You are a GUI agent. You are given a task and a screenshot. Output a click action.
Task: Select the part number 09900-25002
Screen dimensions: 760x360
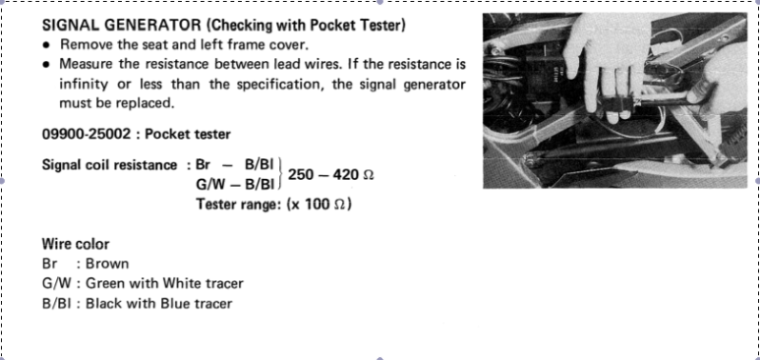(87, 134)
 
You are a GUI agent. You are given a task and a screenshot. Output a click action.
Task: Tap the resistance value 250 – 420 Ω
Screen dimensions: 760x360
(331, 174)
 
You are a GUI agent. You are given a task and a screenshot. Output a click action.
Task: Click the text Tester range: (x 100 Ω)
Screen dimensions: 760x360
(274, 204)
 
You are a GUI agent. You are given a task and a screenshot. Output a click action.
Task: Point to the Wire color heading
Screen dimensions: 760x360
(75, 244)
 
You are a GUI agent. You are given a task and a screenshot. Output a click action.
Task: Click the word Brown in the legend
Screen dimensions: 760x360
(107, 264)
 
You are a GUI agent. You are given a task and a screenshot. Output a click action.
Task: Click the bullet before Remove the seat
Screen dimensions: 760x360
(46, 45)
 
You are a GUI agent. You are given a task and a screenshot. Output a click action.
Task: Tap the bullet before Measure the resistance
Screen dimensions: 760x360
(46, 65)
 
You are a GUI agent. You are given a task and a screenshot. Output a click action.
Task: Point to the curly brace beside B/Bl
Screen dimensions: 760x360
(281, 174)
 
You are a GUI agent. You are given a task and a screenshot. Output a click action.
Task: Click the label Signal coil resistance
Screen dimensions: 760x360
(110, 165)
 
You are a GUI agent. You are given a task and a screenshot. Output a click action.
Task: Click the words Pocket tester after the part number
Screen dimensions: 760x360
(188, 134)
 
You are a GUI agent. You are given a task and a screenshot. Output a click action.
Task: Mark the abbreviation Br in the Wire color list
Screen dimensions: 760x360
(50, 264)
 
